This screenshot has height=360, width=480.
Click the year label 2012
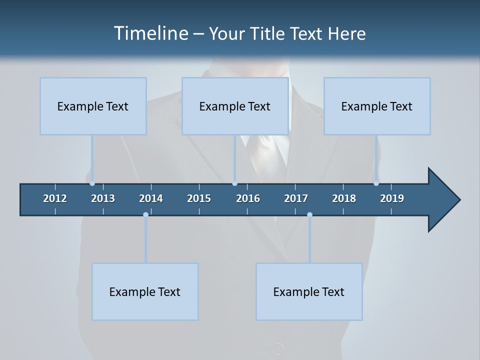[x=55, y=198]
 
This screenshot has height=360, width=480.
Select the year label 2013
[x=103, y=198]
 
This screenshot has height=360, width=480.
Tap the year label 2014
[x=151, y=198]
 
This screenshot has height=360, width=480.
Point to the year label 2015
[x=199, y=198]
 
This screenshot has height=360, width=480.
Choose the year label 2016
[x=248, y=198]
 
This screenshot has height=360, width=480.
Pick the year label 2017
[x=296, y=198]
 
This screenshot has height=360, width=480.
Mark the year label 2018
[x=344, y=198]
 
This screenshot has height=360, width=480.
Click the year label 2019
[x=392, y=198]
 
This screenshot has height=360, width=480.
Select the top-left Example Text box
[x=93, y=106]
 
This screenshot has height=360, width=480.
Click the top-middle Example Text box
[x=235, y=106]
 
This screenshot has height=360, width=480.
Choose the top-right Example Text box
[x=377, y=106]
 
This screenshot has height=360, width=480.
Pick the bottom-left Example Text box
[x=145, y=291]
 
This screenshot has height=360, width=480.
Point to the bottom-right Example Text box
[x=309, y=291]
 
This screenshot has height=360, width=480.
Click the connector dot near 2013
[x=92, y=183]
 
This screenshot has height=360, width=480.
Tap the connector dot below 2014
[x=145, y=214]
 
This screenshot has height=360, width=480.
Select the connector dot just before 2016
[x=234, y=183]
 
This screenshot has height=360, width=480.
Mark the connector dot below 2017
[x=309, y=214]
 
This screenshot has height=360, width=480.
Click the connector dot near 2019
[x=376, y=183]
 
